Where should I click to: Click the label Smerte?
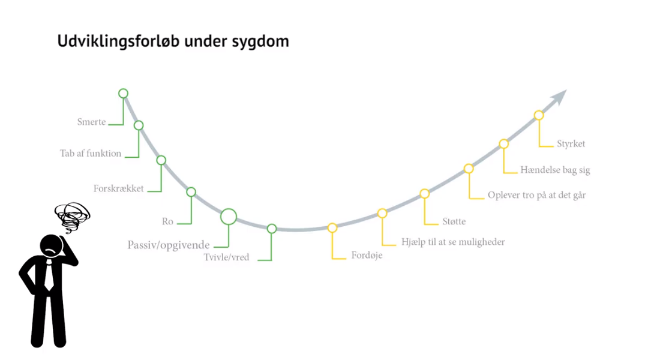point(91,122)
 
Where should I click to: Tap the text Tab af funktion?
point(91,153)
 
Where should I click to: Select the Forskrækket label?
point(119,188)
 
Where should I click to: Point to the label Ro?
point(167,221)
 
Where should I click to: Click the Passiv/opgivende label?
point(169,245)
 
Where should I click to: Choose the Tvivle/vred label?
point(226,257)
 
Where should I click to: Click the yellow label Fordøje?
point(367,255)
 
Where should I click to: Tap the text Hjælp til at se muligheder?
point(453,242)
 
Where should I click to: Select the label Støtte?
point(454,221)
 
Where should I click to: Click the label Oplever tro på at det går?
point(536,196)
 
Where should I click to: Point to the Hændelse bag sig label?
point(555,170)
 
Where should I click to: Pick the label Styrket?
point(571,144)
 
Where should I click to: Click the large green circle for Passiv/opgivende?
point(229,209)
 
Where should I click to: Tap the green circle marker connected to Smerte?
point(124,89)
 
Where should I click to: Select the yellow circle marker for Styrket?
point(539,111)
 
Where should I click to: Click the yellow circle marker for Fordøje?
point(332,224)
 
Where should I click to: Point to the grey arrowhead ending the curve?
point(560,97)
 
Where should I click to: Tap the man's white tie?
point(49,275)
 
